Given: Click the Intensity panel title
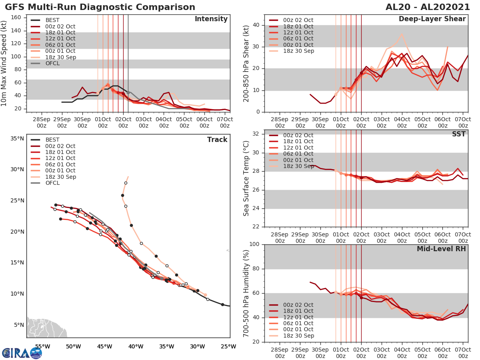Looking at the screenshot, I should [x=211, y=19].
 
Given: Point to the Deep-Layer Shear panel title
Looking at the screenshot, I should [x=432, y=19].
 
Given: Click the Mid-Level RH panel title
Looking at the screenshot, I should [x=441, y=249].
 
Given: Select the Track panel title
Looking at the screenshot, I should [x=217, y=140].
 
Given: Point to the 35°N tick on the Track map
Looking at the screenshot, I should [x=17, y=139].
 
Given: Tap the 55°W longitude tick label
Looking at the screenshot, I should [x=42, y=346].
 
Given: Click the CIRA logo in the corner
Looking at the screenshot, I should [x=22, y=353].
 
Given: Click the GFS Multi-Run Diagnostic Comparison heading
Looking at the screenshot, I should [x=100, y=7].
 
